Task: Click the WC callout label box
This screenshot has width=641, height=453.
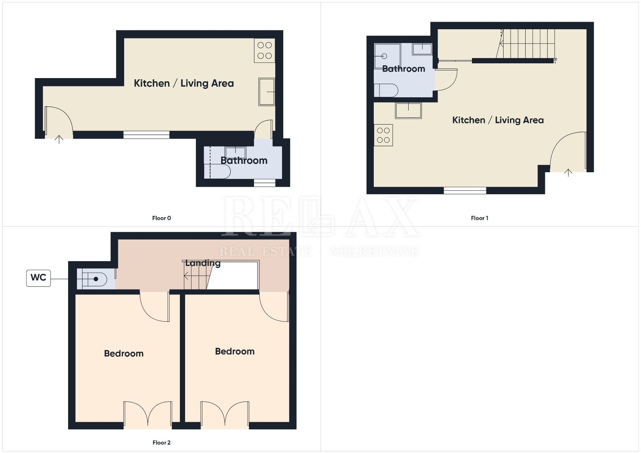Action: (x=38, y=278)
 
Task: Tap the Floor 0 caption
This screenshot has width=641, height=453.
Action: (x=161, y=218)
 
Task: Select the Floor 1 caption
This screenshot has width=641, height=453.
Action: (x=480, y=218)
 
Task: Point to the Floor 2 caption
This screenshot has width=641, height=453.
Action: (x=161, y=443)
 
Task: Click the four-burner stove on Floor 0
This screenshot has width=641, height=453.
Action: (x=264, y=50)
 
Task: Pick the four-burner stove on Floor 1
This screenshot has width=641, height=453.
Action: (x=383, y=135)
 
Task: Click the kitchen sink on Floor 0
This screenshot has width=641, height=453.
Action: (x=267, y=92)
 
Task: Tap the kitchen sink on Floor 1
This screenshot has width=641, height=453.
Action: (x=408, y=111)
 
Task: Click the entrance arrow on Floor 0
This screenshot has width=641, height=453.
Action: (x=59, y=139)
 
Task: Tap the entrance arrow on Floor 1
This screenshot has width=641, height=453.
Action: (x=568, y=173)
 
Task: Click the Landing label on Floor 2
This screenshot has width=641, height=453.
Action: (x=203, y=263)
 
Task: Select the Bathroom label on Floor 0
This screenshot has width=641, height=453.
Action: (x=244, y=161)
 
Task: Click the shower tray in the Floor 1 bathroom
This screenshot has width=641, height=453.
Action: (x=387, y=56)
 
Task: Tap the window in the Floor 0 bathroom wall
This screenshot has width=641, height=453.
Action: (x=265, y=183)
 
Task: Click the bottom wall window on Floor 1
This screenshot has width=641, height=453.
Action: (x=465, y=190)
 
